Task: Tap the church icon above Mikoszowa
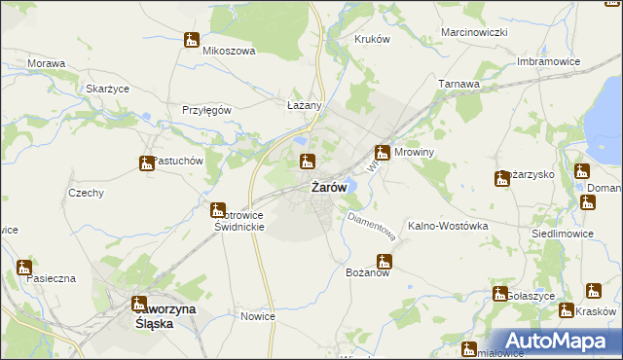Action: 191,40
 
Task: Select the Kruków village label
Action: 372,39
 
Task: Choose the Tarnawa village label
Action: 459,84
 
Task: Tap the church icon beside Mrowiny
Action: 384,152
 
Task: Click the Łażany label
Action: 303,104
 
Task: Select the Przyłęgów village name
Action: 206,110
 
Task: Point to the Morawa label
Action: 47,63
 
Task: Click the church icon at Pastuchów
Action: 146,164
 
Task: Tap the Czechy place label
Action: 86,193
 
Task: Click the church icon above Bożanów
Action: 385,261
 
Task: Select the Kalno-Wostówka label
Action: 448,225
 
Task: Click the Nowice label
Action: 258,316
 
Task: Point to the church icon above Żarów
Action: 307,161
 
